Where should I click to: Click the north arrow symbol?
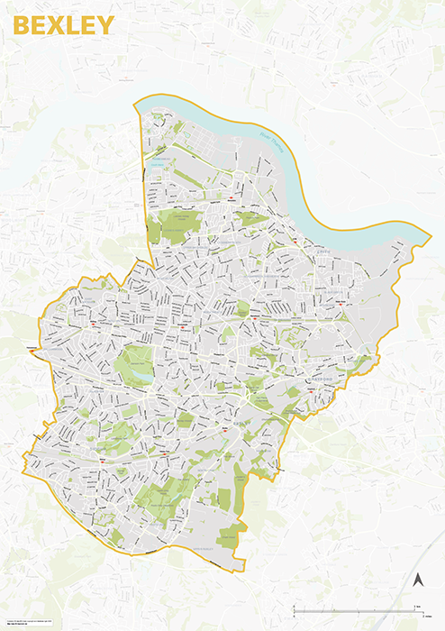point(418,580)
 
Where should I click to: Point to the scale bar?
point(360,611)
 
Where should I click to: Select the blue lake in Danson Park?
point(141,370)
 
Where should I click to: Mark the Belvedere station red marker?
point(232,200)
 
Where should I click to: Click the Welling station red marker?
point(94,322)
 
